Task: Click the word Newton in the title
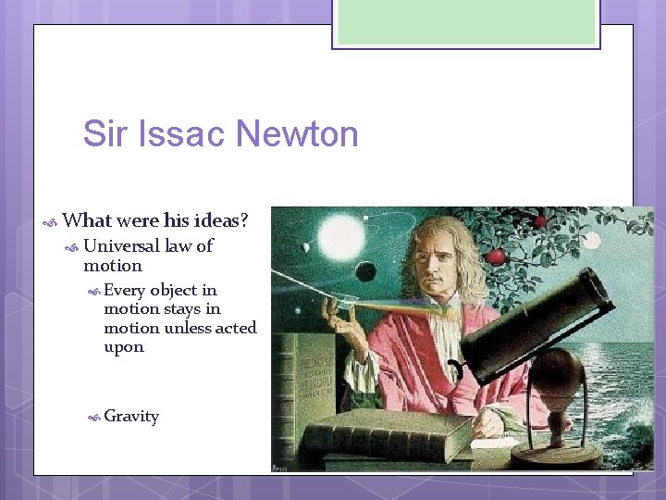[297, 134]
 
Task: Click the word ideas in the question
[216, 221]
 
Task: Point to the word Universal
[121, 246]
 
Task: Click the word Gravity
[131, 417]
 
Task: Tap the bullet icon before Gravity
[93, 418]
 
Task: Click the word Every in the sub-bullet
[125, 290]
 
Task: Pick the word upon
[124, 347]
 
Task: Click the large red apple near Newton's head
[497, 256]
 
